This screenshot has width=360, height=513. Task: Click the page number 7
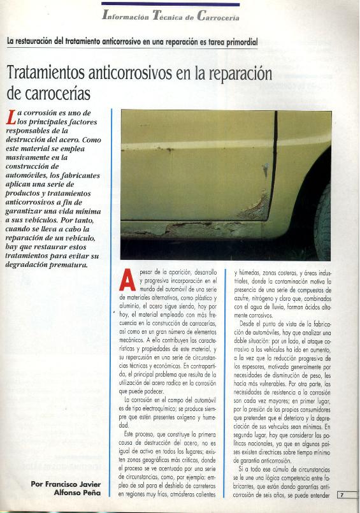tap(342, 495)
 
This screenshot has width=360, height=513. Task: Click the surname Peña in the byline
tap(92, 493)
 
